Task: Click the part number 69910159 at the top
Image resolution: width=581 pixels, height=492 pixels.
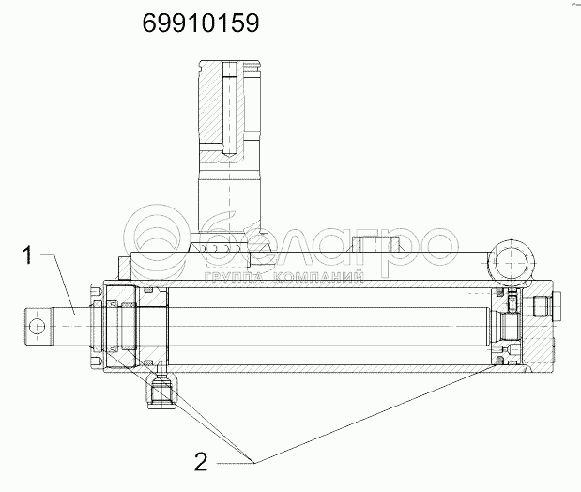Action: (201, 23)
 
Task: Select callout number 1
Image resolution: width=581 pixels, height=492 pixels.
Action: (27, 255)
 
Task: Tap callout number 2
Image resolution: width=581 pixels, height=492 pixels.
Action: (201, 462)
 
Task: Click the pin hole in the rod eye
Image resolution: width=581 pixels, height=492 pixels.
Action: (37, 327)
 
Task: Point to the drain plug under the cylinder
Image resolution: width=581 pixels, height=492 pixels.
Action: (162, 393)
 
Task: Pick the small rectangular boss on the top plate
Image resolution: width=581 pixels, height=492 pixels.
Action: (375, 244)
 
